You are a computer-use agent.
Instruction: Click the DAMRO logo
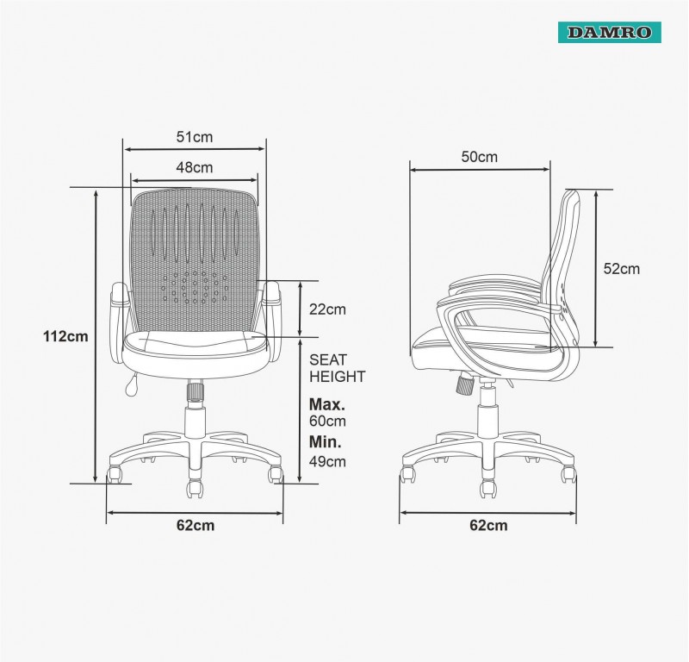[x=610, y=33]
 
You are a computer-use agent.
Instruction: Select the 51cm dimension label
[x=195, y=137]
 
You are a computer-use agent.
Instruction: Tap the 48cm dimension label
[x=195, y=167]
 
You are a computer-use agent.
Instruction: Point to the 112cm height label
[x=65, y=336]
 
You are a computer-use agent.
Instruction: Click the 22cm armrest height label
[x=327, y=309]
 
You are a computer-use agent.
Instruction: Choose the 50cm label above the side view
[x=480, y=157]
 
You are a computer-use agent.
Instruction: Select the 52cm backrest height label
[x=621, y=269]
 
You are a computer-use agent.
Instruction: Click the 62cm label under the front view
[x=196, y=525]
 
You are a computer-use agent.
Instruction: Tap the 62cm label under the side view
[x=488, y=525]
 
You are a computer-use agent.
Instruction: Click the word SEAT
[x=328, y=359]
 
